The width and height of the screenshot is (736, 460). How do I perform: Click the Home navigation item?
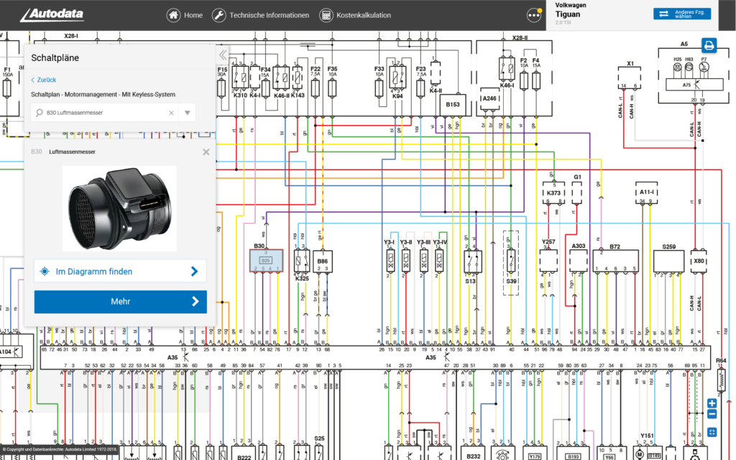click(185, 15)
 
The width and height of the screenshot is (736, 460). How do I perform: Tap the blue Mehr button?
click(120, 302)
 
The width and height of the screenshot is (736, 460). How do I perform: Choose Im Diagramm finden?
click(120, 271)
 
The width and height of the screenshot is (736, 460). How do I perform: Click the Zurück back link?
click(43, 80)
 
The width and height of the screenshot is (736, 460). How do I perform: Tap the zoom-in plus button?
click(712, 403)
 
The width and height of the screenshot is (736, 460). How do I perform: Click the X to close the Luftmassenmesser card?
click(206, 152)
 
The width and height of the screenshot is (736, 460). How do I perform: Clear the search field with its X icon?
click(171, 113)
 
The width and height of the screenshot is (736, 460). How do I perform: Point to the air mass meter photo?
click(119, 208)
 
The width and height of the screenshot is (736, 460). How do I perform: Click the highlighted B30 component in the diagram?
click(264, 261)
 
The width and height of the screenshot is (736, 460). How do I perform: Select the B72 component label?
click(615, 247)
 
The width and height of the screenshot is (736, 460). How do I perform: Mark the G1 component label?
click(576, 177)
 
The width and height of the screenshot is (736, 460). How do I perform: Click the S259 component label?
click(668, 247)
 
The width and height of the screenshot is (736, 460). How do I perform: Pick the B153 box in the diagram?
click(453, 105)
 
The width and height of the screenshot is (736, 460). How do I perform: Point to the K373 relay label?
click(553, 193)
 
